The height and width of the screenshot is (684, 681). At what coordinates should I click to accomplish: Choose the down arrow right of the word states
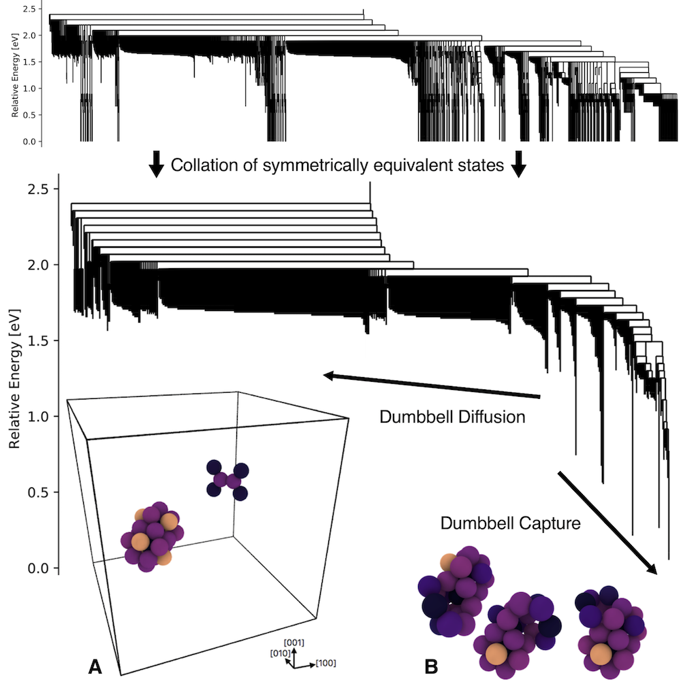point(520,165)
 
